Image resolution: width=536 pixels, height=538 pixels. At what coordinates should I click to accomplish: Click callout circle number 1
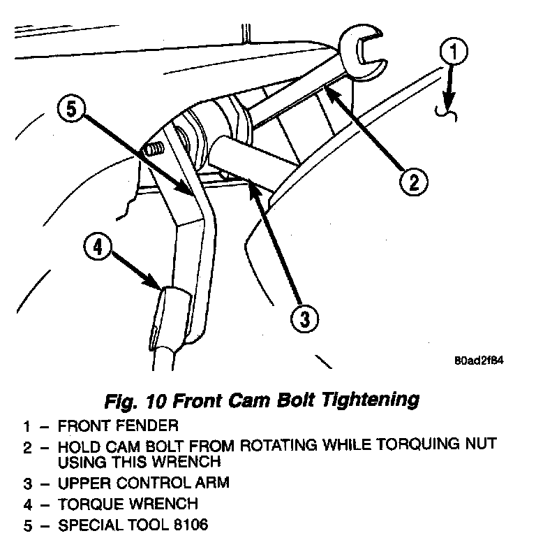(x=454, y=52)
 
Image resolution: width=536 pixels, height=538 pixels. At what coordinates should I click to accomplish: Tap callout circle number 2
(x=413, y=182)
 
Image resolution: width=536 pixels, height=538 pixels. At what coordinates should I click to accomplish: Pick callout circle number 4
(x=98, y=247)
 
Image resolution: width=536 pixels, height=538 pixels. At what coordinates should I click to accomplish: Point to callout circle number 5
(x=73, y=110)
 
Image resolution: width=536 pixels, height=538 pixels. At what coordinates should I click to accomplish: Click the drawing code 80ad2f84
(x=479, y=361)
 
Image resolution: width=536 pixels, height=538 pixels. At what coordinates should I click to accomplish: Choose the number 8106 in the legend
(x=188, y=524)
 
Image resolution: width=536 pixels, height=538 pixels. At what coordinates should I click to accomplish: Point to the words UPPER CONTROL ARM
(x=143, y=483)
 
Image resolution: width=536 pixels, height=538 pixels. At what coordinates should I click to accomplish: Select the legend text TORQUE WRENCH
(x=128, y=503)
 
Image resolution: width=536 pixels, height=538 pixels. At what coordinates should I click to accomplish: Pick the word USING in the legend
(x=79, y=462)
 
